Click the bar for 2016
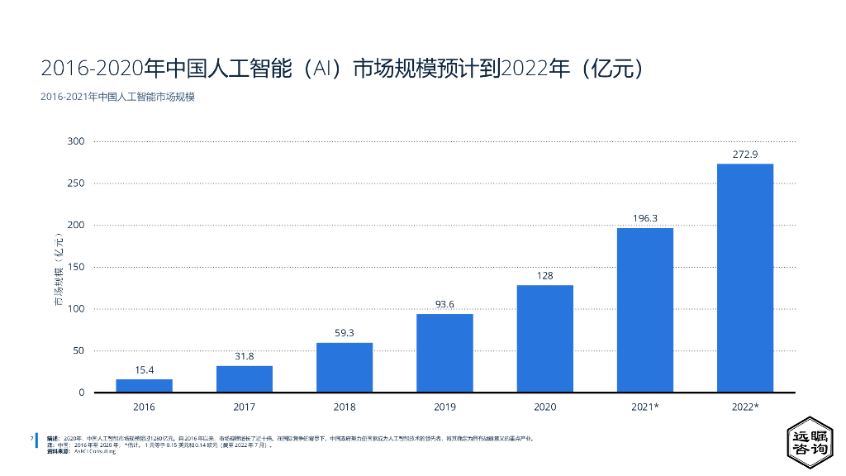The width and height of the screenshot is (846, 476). [x=144, y=385]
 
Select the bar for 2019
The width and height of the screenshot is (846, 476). [x=444, y=353]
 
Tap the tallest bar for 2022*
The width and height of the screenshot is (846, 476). [x=744, y=278]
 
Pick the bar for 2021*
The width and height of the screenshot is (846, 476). [x=644, y=310]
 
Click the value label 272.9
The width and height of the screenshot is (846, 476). [x=744, y=155]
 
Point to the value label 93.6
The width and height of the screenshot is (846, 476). [x=444, y=304]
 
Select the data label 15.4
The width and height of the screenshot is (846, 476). [x=144, y=369]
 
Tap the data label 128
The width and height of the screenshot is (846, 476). [x=544, y=275]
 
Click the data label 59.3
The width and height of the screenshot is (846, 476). [x=345, y=333]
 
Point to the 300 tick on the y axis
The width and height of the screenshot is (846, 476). [x=76, y=141]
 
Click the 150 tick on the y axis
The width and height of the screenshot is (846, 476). [x=76, y=267]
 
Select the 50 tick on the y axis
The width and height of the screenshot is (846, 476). [x=78, y=350]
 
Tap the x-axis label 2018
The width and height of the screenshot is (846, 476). [x=345, y=407]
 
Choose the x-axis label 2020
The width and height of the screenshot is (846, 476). [x=544, y=407]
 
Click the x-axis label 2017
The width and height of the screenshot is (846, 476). [x=245, y=407]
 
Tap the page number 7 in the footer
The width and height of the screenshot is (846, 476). [x=31, y=438]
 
